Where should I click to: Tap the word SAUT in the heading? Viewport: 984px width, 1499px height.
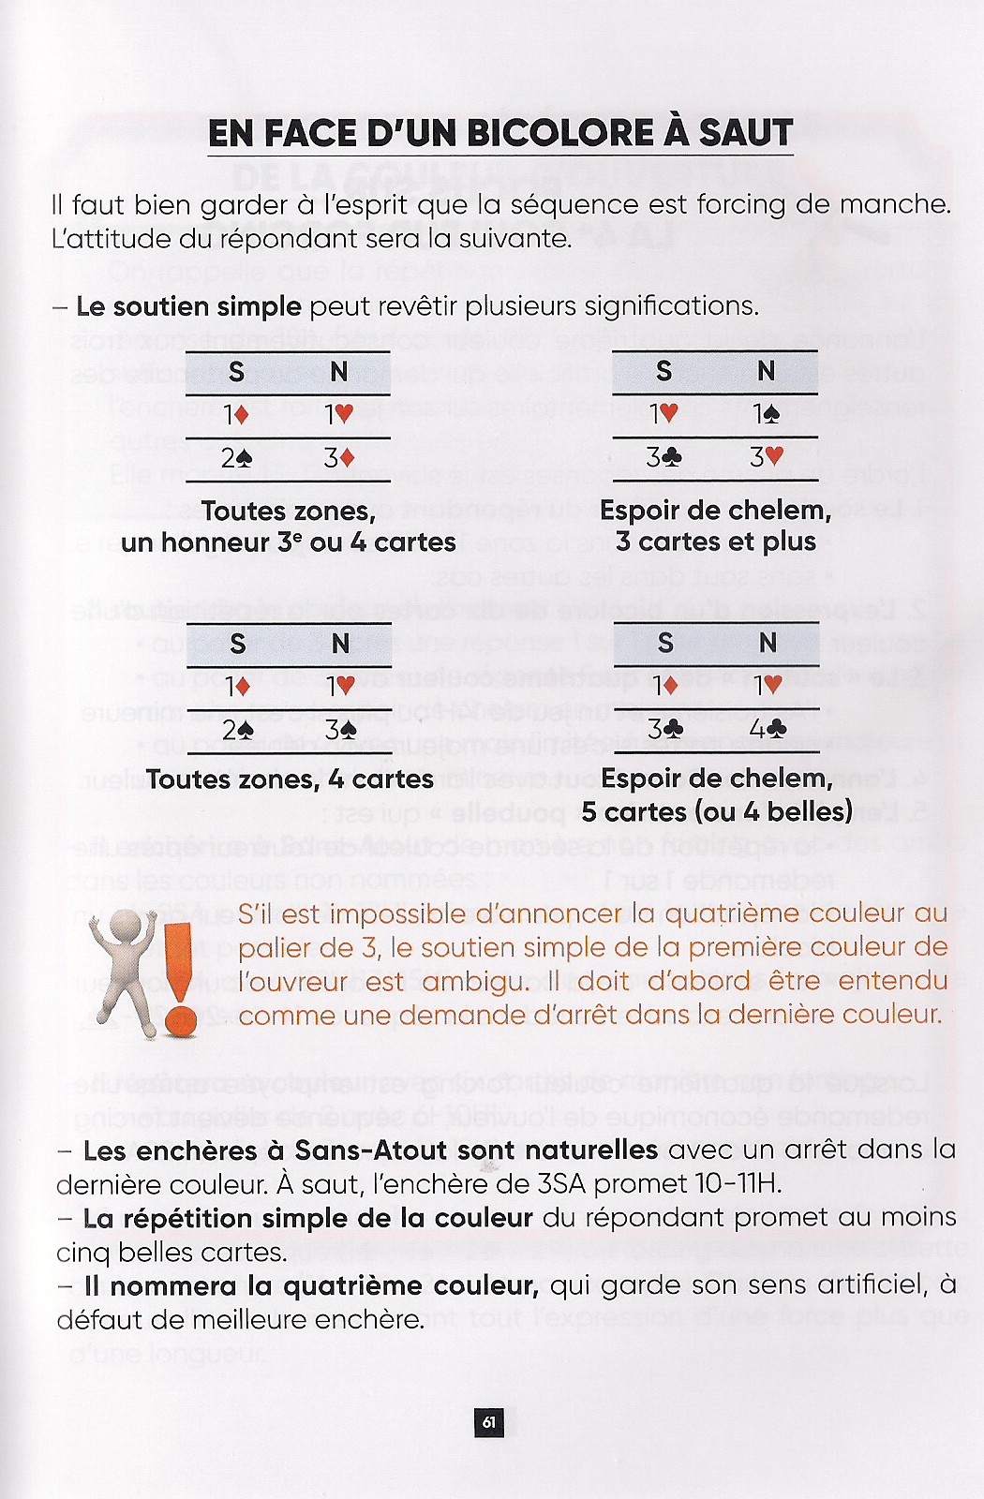746,133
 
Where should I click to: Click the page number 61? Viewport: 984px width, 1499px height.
488,1423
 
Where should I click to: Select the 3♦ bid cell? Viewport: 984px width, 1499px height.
338,459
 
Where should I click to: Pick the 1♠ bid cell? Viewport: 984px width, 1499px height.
766,414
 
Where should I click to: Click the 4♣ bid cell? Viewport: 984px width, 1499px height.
767,729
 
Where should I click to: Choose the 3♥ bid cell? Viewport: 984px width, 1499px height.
766,459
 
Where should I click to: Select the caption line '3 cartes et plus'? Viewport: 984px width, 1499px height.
715,542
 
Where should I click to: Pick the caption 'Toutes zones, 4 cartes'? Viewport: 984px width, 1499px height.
290,779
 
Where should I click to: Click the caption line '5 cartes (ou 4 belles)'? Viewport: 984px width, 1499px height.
716,811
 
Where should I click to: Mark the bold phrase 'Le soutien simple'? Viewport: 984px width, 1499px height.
188,306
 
